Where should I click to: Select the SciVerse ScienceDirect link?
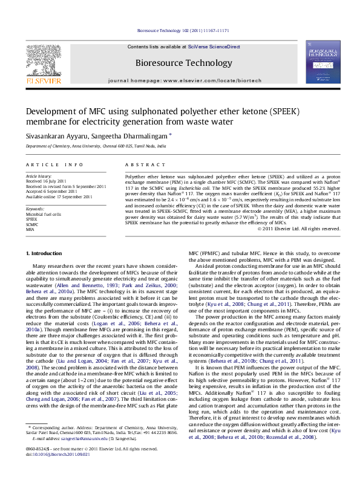tap(214, 47)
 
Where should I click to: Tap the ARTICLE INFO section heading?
tap(54, 164)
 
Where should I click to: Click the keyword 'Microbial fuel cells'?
tap(44, 215)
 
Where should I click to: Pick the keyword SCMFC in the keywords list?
tap(33, 224)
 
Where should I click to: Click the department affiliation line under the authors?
tap(87, 146)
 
